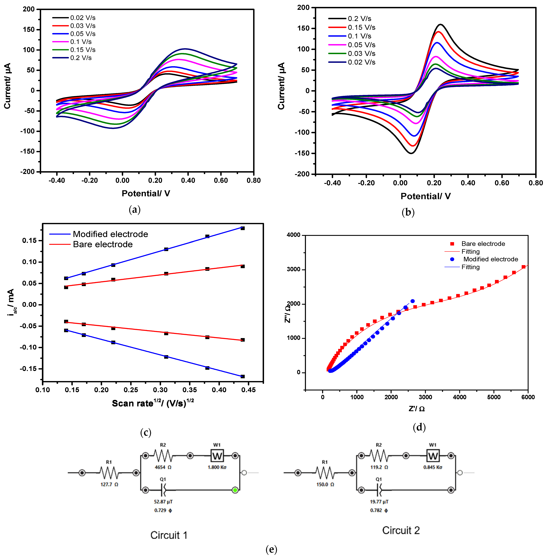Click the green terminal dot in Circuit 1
[x=235, y=490]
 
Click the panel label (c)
[x=146, y=432]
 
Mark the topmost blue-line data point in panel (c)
[x=243, y=228]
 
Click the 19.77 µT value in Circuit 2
[x=379, y=502]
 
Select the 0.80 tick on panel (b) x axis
[x=535, y=183]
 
